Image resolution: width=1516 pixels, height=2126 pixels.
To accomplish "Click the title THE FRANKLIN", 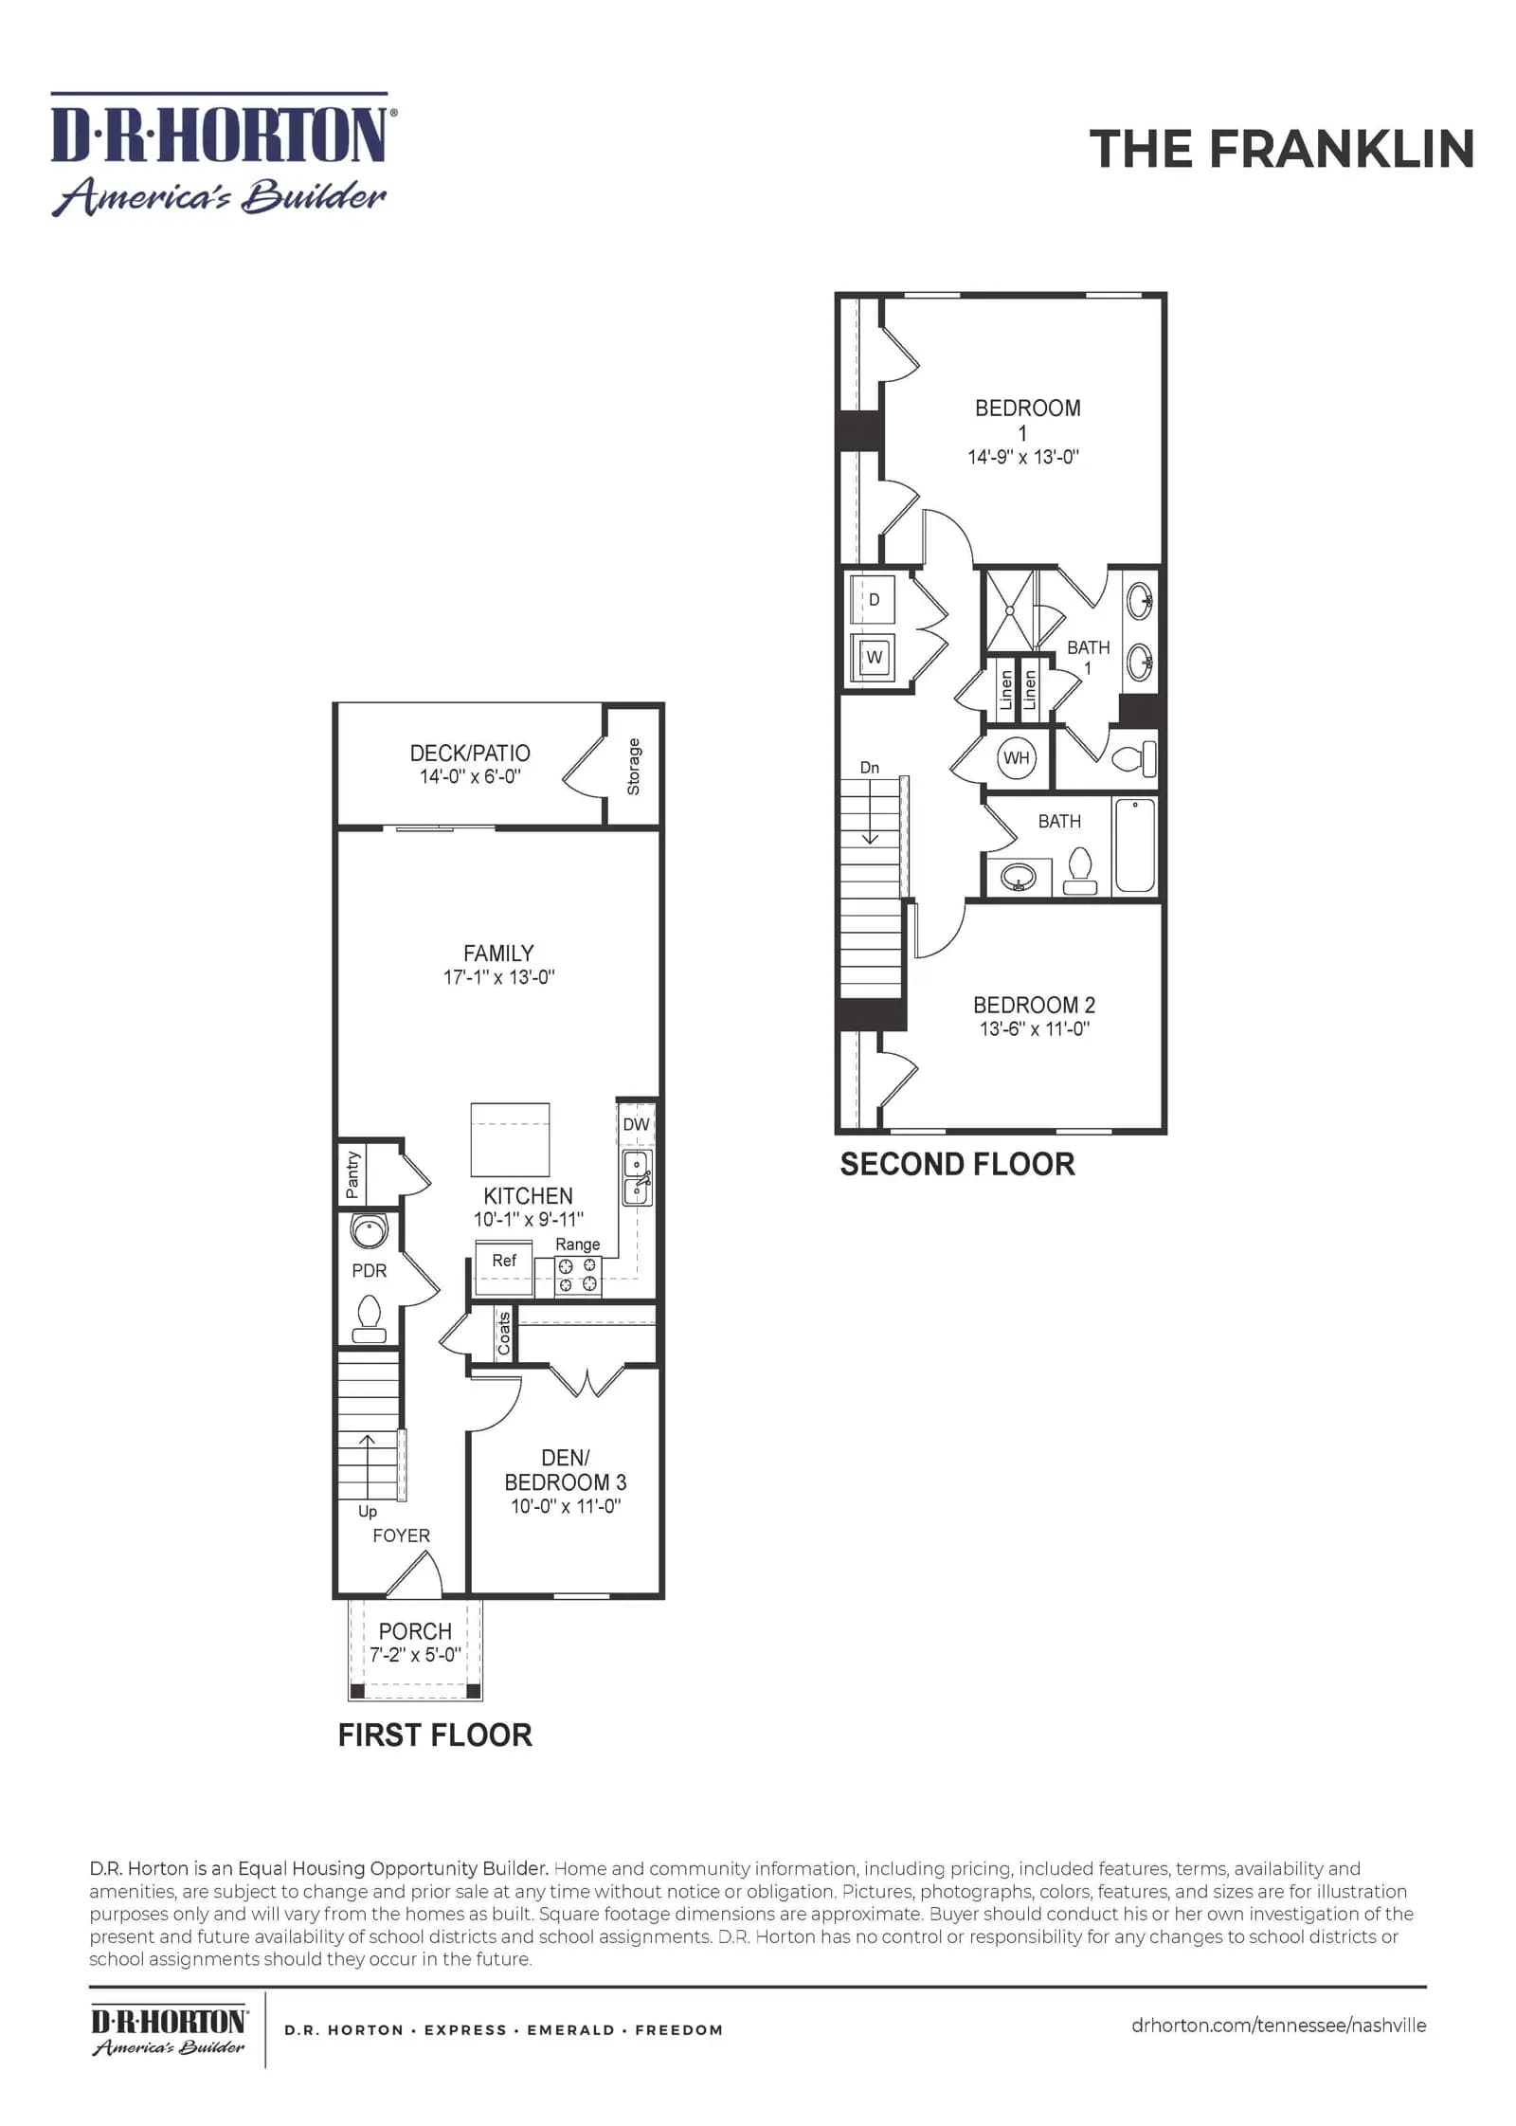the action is (1281, 149).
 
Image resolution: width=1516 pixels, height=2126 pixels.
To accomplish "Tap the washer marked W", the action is (873, 657).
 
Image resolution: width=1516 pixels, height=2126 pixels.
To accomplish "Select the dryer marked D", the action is (873, 599).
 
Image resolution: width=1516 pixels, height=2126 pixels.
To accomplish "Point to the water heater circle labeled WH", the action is (1016, 758).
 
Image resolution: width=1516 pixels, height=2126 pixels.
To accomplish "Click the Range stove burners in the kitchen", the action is (577, 1275).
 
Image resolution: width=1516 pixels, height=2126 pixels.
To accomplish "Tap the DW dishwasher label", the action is (636, 1124).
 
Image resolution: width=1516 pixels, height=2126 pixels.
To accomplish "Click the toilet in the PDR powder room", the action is (369, 1318).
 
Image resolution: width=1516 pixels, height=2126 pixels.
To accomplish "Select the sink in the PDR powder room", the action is (370, 1230).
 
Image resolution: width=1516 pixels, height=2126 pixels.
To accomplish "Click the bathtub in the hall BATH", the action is (1135, 845).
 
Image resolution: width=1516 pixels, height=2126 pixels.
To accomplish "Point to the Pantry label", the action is (353, 1175).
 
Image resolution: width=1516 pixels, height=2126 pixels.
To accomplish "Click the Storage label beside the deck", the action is (634, 767).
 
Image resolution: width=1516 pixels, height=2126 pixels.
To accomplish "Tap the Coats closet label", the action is (504, 1334).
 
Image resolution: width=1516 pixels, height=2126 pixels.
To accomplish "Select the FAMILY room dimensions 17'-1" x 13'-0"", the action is (498, 977).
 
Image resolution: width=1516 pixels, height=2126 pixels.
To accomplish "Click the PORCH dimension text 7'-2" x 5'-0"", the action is (415, 1654).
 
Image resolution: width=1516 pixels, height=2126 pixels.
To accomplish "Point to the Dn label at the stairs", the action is (870, 768).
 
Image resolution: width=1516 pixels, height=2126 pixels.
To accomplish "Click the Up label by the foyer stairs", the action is (368, 1512).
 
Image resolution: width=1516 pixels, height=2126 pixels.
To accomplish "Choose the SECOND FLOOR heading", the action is (957, 1164).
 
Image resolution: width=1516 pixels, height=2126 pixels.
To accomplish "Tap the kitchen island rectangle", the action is (511, 1140).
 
